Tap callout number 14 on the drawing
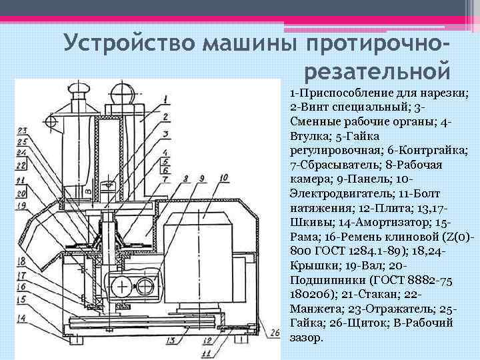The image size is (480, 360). [x=22, y=319]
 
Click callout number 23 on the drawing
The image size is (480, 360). [x=22, y=131]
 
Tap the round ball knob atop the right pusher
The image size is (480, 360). [x=123, y=91]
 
